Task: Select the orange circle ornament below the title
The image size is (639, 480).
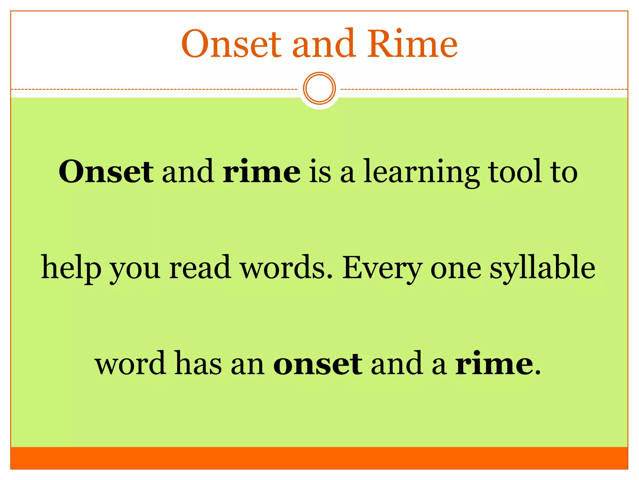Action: pyautogui.click(x=319, y=88)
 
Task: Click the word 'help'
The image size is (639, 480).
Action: pyautogui.click(x=71, y=268)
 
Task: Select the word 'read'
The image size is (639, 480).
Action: pyautogui.click(x=200, y=268)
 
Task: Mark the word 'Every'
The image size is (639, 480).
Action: pyautogui.click(x=382, y=268)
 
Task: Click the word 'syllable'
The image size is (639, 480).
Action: pyautogui.click(x=542, y=268)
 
